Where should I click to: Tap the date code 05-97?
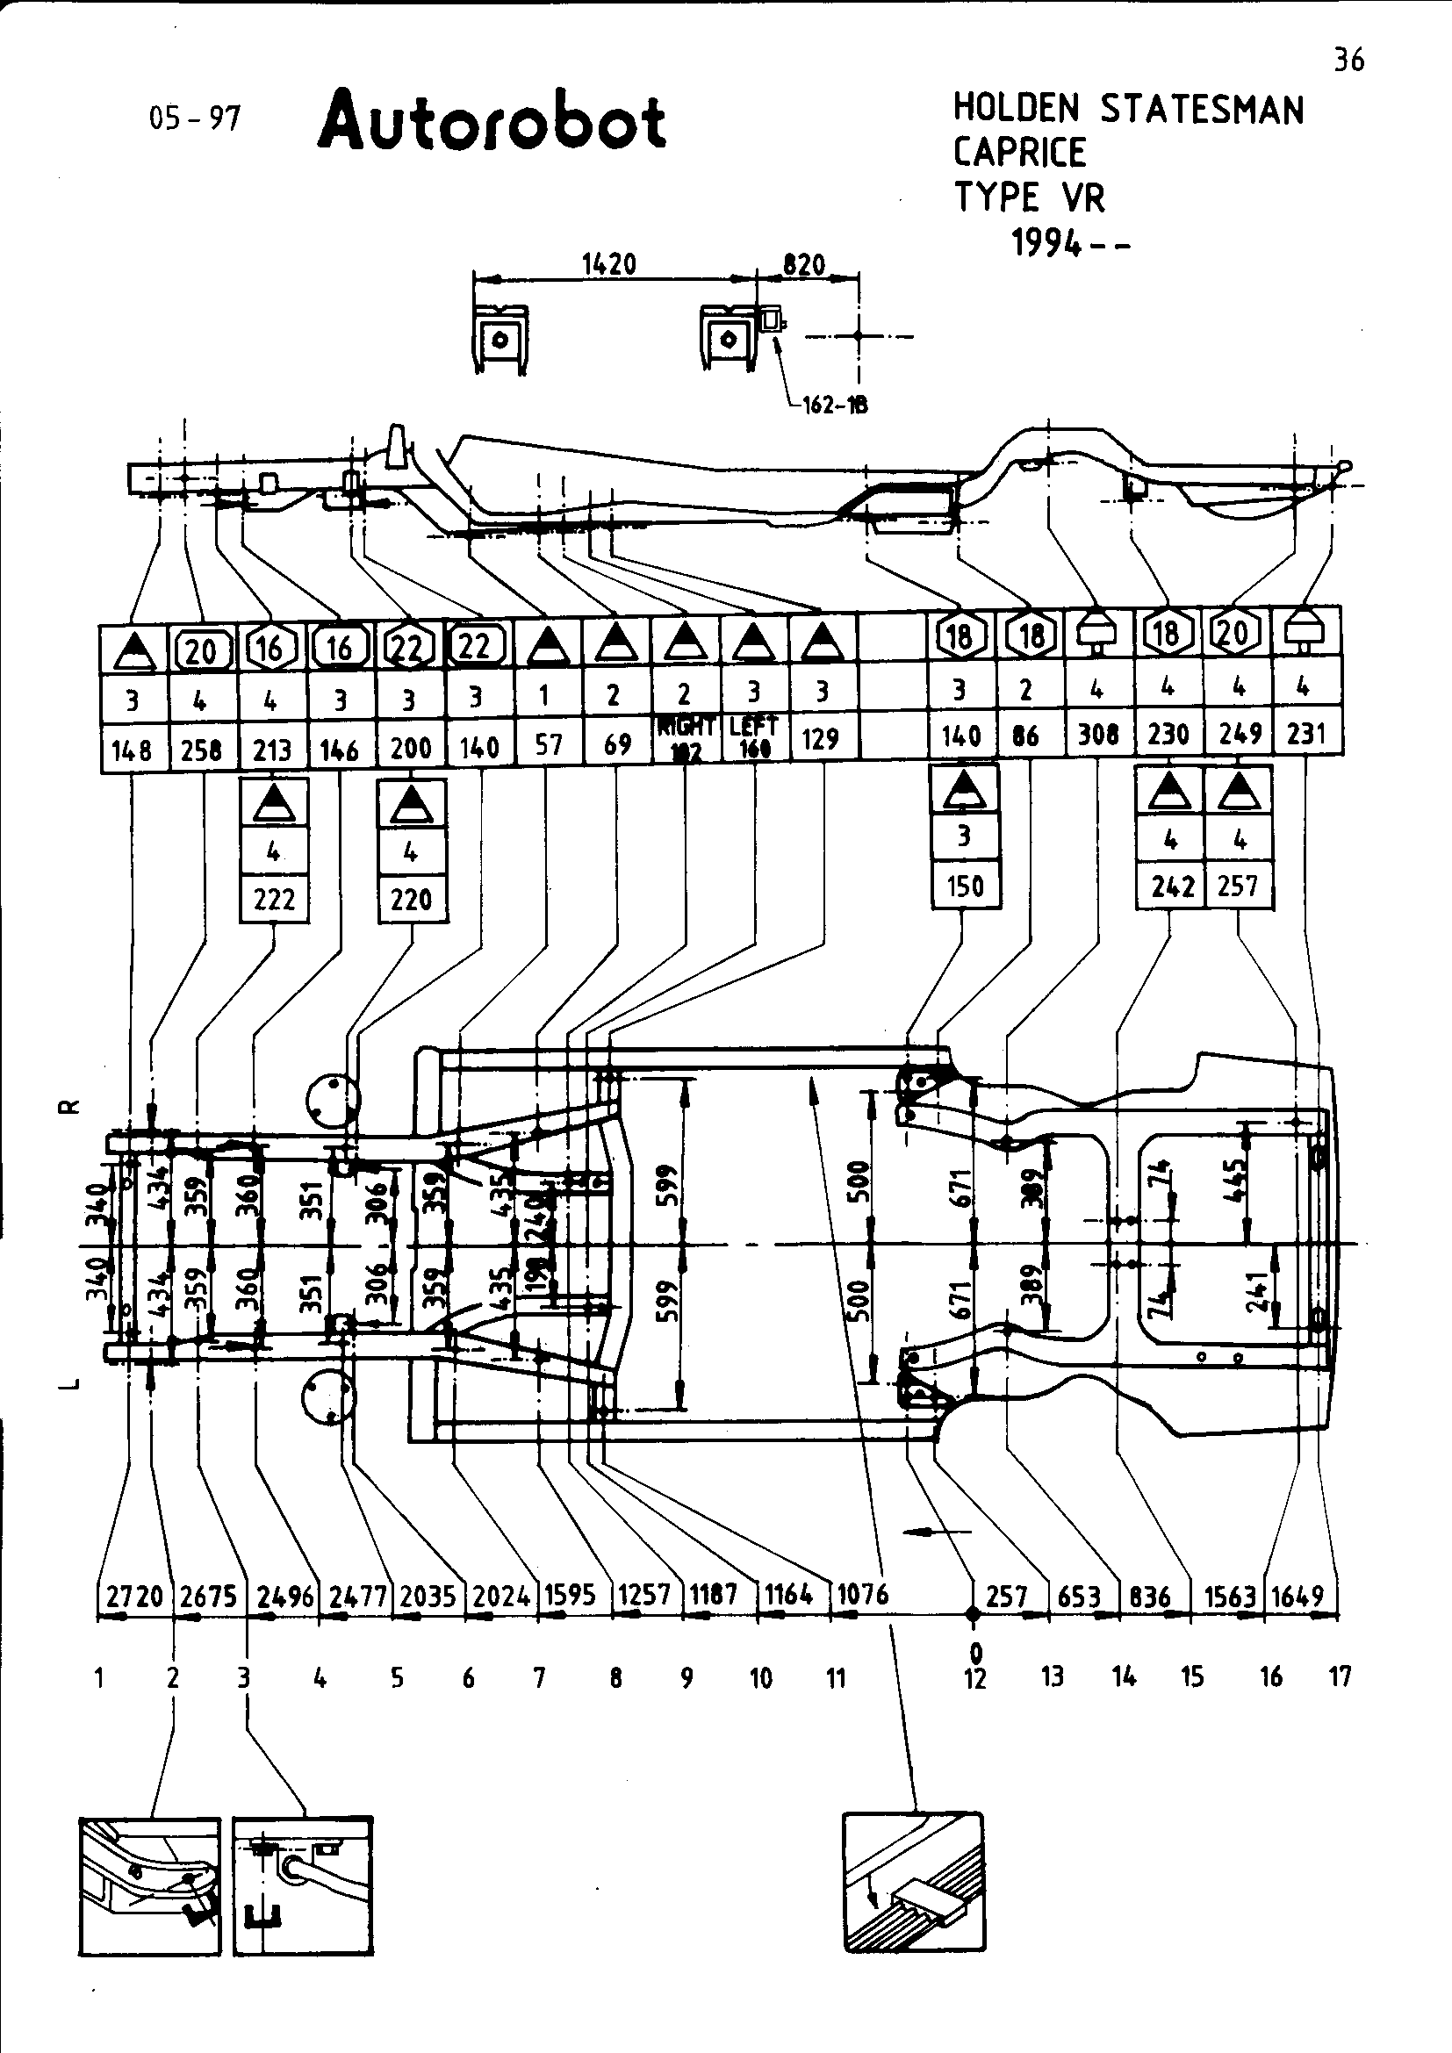click(195, 117)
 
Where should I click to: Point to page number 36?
click(1349, 60)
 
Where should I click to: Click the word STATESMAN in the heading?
click(1202, 109)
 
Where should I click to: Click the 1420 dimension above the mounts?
click(609, 265)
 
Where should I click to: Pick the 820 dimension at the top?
click(803, 265)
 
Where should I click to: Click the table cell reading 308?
click(1098, 734)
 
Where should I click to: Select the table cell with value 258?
click(201, 750)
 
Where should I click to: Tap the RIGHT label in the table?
click(685, 726)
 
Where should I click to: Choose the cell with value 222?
click(274, 899)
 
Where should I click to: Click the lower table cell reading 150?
click(964, 887)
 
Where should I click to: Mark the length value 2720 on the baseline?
click(134, 1596)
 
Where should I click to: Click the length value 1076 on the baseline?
click(863, 1593)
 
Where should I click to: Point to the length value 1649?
click(1297, 1595)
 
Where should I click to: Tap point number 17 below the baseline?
click(1340, 1677)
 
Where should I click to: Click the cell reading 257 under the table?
click(1239, 886)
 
